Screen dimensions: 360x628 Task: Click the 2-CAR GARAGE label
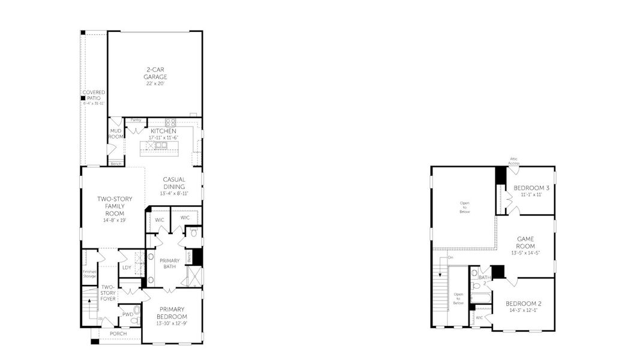pyautogui.click(x=155, y=74)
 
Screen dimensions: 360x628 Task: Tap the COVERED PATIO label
pyautogui.click(x=94, y=95)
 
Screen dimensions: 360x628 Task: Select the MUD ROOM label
pyautogui.click(x=116, y=133)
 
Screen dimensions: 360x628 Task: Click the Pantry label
pyautogui.click(x=136, y=120)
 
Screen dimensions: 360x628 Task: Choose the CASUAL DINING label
pyautogui.click(x=174, y=183)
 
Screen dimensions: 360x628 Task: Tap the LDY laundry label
pyautogui.click(x=127, y=268)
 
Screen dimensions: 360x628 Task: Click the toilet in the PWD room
pyautogui.click(x=137, y=310)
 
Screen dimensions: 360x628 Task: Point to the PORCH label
pyautogui.click(x=118, y=333)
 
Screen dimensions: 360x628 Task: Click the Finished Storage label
pyautogui.click(x=89, y=274)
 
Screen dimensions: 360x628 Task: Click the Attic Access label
pyautogui.click(x=515, y=161)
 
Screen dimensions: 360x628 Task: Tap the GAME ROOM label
pyautogui.click(x=525, y=242)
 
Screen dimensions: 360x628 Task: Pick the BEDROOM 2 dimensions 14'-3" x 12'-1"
pyautogui.click(x=523, y=311)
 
